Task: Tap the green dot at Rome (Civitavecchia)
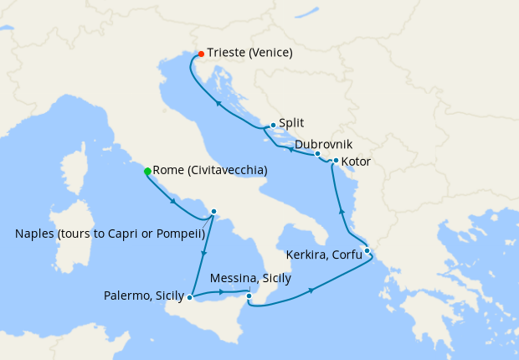pyautogui.click(x=147, y=171)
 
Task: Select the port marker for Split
pyautogui.click(x=273, y=125)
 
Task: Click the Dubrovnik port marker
pyautogui.click(x=317, y=154)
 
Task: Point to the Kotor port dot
pyautogui.click(x=336, y=161)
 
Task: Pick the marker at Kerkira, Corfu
pyautogui.click(x=367, y=249)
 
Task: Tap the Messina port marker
pyautogui.click(x=249, y=295)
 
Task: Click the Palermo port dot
pyautogui.click(x=191, y=296)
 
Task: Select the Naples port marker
pyautogui.click(x=213, y=212)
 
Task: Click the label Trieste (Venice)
pyautogui.click(x=249, y=53)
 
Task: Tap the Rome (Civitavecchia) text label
pyautogui.click(x=210, y=170)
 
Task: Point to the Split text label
pyautogui.click(x=292, y=123)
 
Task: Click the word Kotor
pyautogui.click(x=357, y=161)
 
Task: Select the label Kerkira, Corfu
pyautogui.click(x=324, y=254)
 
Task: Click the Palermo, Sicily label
pyautogui.click(x=144, y=296)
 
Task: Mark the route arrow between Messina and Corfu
pyautogui.click(x=312, y=291)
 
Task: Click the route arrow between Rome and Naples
pyautogui.click(x=173, y=201)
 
